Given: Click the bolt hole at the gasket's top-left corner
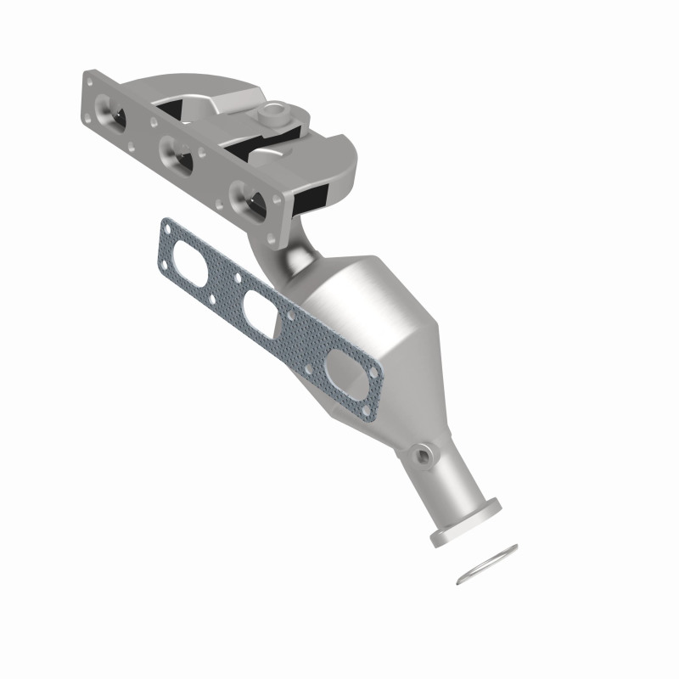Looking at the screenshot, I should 166,228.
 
